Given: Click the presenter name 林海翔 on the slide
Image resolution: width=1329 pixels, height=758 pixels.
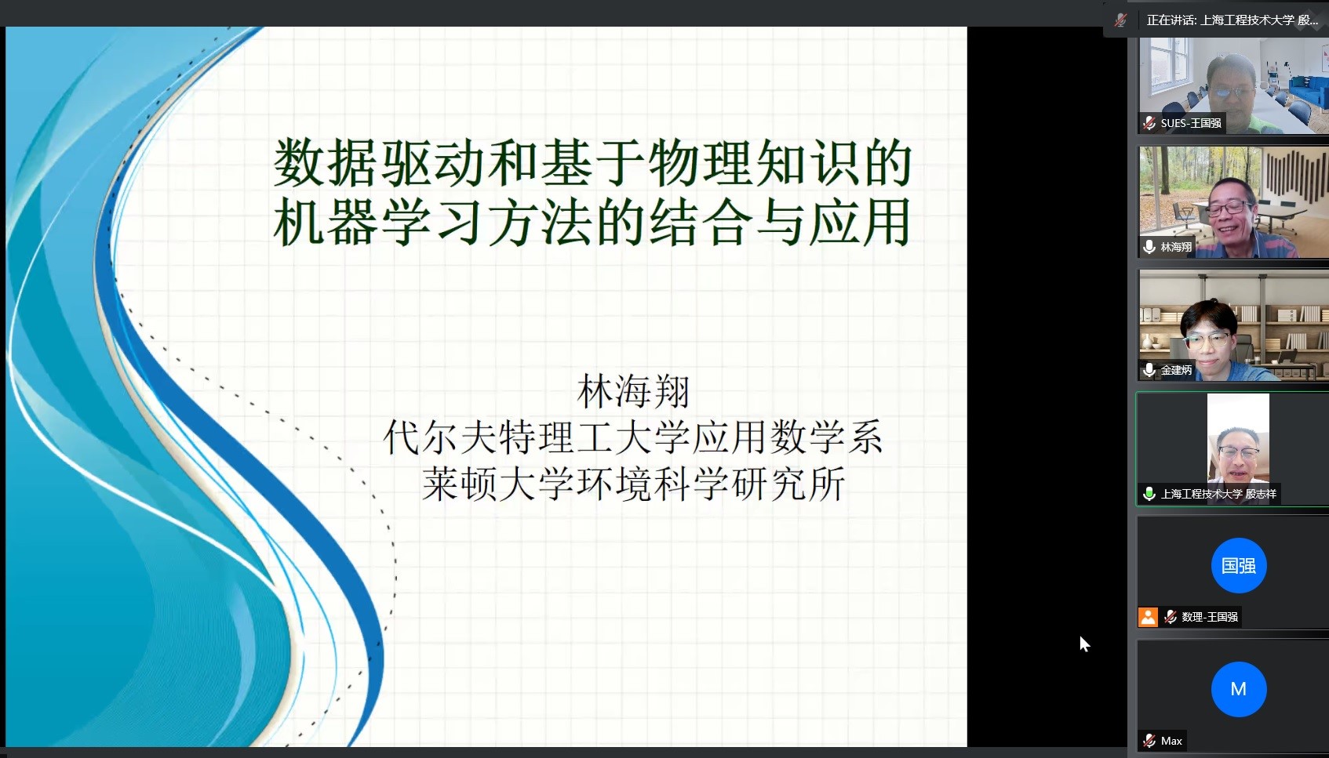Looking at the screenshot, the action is point(633,391).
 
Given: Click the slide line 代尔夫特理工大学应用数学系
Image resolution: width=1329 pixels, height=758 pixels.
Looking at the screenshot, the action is point(633,437).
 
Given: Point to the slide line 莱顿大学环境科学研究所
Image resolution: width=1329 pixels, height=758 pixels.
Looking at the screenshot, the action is point(633,484).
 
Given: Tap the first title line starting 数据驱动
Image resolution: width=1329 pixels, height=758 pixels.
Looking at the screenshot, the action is point(592,162).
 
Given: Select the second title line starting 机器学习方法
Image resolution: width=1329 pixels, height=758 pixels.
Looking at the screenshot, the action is point(592,223).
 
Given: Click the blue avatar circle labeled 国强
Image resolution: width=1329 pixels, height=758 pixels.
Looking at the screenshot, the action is point(1239,565).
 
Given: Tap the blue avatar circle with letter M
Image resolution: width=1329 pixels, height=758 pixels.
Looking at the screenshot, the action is point(1239,689).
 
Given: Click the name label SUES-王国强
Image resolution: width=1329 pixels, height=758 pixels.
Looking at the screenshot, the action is point(1191,123).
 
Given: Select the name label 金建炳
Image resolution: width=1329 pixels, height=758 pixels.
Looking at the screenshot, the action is point(1176,371).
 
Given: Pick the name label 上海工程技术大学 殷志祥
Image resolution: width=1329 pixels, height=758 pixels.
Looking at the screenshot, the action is point(1218,494).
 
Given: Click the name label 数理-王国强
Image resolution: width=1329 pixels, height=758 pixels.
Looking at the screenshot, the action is point(1210,617).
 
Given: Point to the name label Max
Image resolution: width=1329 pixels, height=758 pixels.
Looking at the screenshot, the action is point(1171,741).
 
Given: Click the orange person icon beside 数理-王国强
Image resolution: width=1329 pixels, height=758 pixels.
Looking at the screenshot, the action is point(1148,617).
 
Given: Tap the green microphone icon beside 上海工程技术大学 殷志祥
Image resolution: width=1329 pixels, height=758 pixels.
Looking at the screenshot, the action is point(1149,494).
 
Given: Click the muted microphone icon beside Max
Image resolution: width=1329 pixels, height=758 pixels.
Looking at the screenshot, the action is point(1149,741).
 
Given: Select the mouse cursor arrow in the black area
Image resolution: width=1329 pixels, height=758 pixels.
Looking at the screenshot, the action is point(1084,644).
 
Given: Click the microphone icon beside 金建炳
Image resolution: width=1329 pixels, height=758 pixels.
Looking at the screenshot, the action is point(1149,371).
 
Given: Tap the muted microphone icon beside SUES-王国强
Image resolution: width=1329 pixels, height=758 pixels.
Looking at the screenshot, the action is point(1149,123).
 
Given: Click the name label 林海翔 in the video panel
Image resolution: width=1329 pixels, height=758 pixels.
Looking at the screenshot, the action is point(1176,247).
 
